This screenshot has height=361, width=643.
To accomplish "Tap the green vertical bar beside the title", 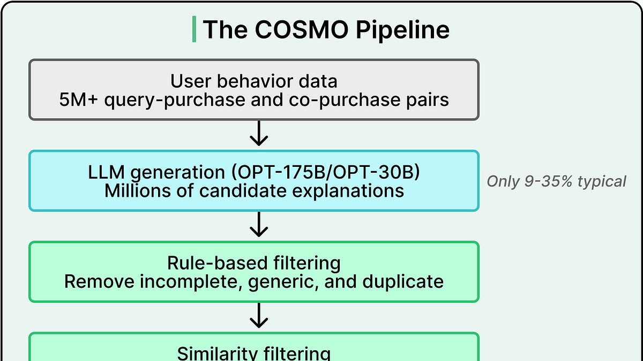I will (x=193, y=29).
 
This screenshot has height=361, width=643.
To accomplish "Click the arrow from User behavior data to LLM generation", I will (x=259, y=134).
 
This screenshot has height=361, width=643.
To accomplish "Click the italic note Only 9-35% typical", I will (x=556, y=181).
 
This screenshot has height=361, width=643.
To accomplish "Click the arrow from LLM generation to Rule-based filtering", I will (x=259, y=225).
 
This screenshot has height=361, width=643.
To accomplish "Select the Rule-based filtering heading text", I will (x=253, y=263).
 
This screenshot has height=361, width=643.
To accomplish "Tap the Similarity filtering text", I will (x=253, y=353).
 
